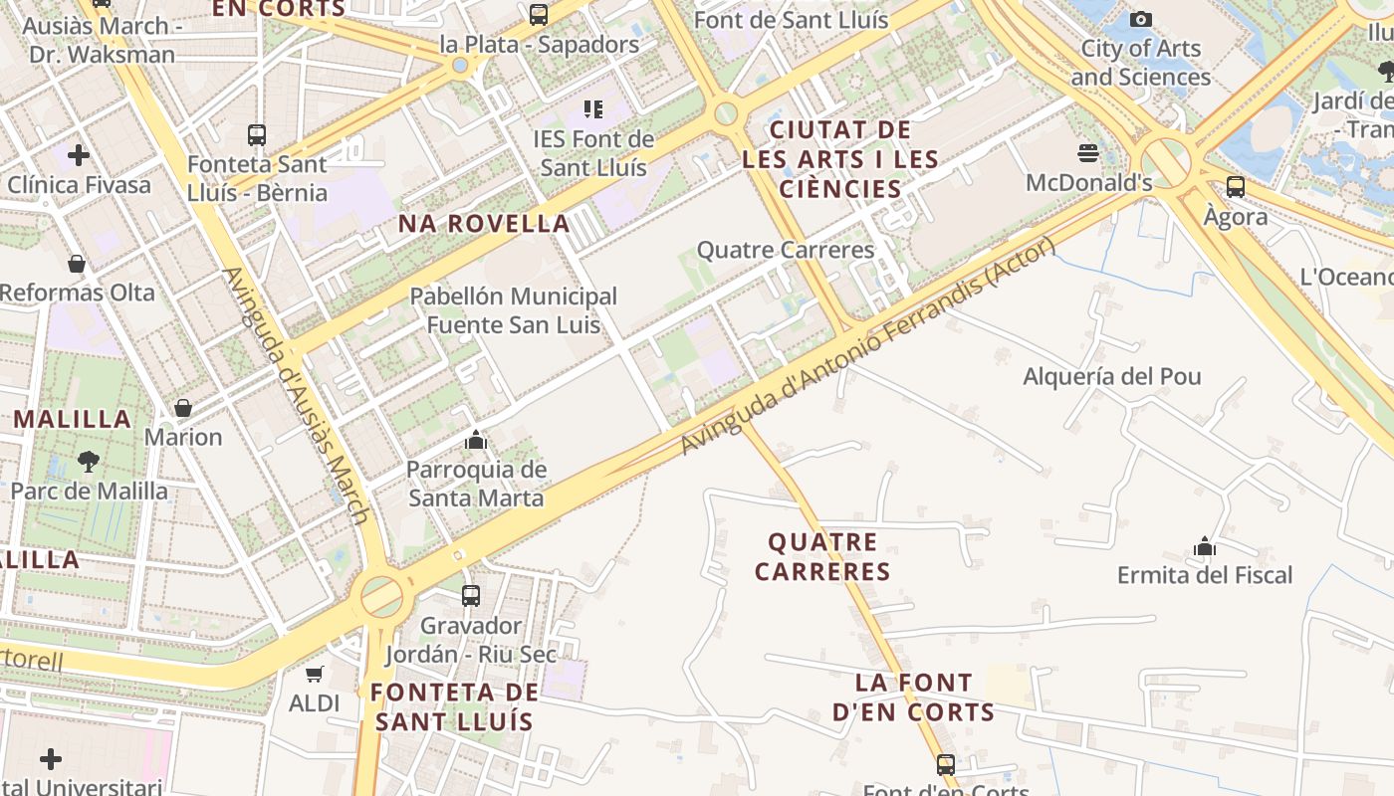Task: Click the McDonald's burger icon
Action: click(x=1087, y=153)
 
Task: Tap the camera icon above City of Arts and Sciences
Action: click(x=1141, y=19)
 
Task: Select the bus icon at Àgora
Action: click(x=1236, y=186)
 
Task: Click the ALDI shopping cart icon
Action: click(x=315, y=674)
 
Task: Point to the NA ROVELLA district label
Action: click(x=484, y=224)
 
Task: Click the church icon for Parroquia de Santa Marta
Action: click(x=476, y=440)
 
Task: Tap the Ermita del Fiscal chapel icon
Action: click(x=1205, y=546)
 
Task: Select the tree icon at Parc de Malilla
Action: click(x=89, y=462)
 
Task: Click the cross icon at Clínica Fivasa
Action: click(x=79, y=155)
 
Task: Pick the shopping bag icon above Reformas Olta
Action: click(x=77, y=264)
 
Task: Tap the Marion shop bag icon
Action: click(x=183, y=408)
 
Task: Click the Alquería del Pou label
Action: click(x=1112, y=376)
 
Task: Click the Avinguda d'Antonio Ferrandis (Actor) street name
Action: click(x=866, y=348)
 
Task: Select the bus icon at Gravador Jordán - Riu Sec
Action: click(x=471, y=596)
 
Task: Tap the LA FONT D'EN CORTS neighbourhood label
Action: click(x=914, y=696)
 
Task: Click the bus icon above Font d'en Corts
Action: click(x=946, y=764)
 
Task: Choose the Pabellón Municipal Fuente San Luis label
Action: click(x=514, y=310)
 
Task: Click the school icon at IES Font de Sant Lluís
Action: click(x=593, y=108)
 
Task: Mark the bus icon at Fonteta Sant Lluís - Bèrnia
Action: click(x=257, y=134)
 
